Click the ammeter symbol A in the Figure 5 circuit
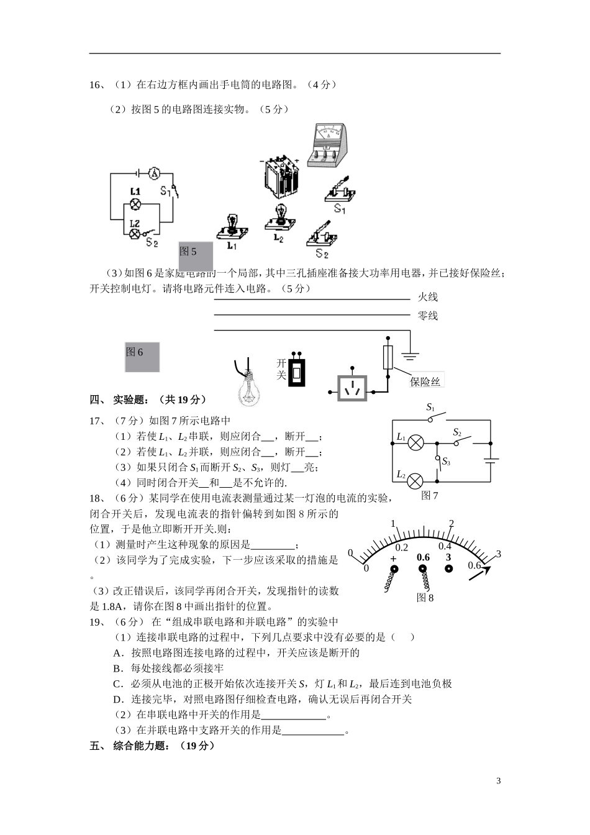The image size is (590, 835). [155, 174]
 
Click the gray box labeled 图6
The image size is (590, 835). [142, 357]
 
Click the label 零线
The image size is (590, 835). [428, 316]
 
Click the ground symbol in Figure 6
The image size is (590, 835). [409, 357]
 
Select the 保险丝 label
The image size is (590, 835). [425, 381]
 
